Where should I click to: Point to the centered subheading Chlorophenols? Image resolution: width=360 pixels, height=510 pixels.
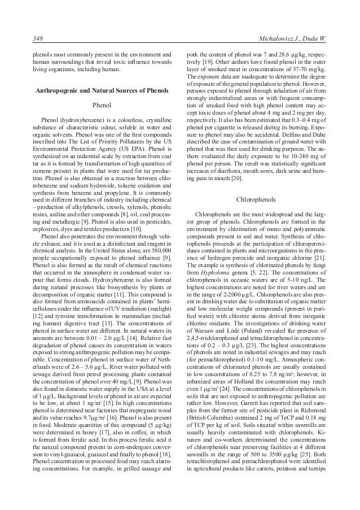[256, 199]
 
